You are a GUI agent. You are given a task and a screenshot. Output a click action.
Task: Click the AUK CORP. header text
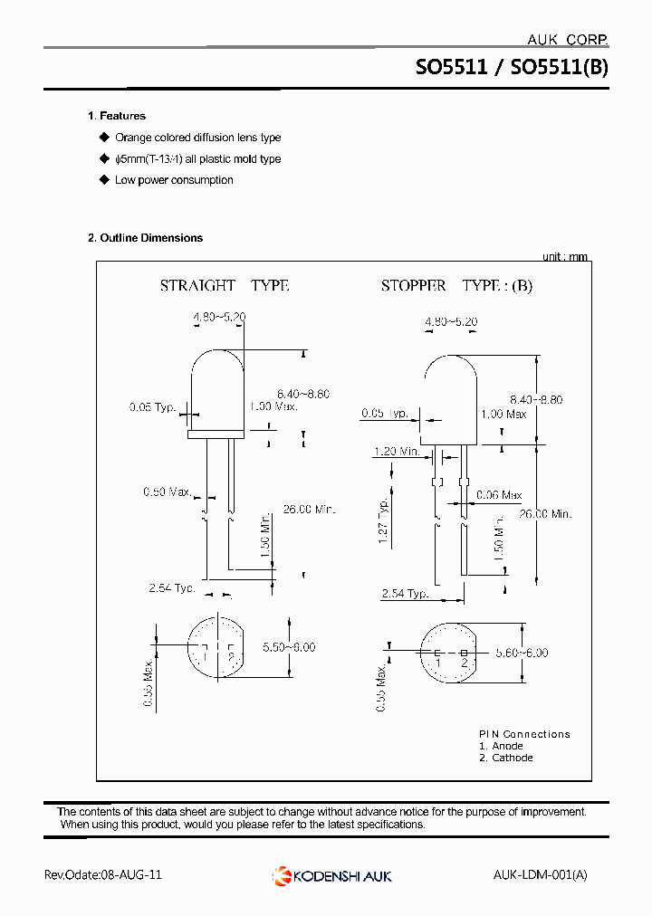[567, 40]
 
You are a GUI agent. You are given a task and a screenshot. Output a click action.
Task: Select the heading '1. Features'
[117, 116]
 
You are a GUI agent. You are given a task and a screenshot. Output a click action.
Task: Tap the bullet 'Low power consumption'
[174, 180]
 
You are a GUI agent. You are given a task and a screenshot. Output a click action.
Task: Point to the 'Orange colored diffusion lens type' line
[197, 138]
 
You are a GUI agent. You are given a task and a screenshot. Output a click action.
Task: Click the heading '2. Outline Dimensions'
[145, 238]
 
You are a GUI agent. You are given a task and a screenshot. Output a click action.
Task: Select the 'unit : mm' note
[564, 257]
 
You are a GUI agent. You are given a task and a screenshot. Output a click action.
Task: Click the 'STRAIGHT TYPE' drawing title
[225, 285]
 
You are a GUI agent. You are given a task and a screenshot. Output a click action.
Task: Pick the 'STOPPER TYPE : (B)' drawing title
[456, 286]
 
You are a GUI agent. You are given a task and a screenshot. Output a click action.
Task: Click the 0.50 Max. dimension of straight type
[168, 491]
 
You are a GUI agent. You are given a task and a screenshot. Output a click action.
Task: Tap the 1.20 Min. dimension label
[398, 451]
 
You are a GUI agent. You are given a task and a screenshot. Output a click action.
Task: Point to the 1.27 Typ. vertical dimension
[384, 517]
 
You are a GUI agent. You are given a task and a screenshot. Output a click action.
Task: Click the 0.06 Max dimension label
[499, 495]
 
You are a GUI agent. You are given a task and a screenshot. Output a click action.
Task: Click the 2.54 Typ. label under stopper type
[405, 594]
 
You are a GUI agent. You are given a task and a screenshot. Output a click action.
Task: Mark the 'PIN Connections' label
[524, 734]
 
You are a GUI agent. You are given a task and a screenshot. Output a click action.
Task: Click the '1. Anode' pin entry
[501, 746]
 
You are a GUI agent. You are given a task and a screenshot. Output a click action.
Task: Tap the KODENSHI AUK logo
[331, 875]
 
